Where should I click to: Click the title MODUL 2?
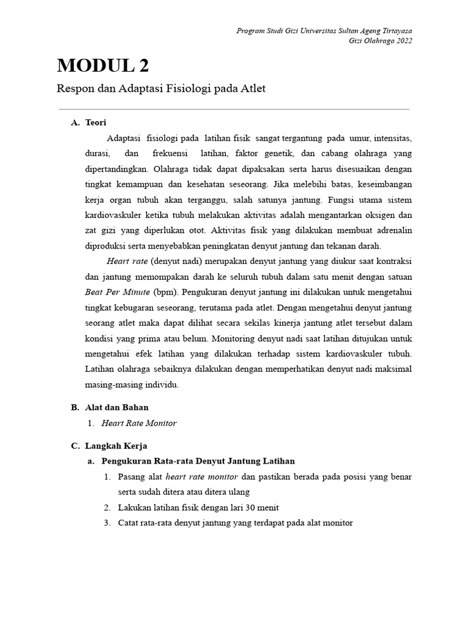103,66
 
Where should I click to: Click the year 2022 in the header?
401,40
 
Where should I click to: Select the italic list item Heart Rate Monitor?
139,423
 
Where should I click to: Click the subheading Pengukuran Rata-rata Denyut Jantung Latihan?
198,461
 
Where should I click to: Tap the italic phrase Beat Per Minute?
117,292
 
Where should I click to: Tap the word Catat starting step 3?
129,523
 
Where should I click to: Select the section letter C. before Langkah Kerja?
75,446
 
